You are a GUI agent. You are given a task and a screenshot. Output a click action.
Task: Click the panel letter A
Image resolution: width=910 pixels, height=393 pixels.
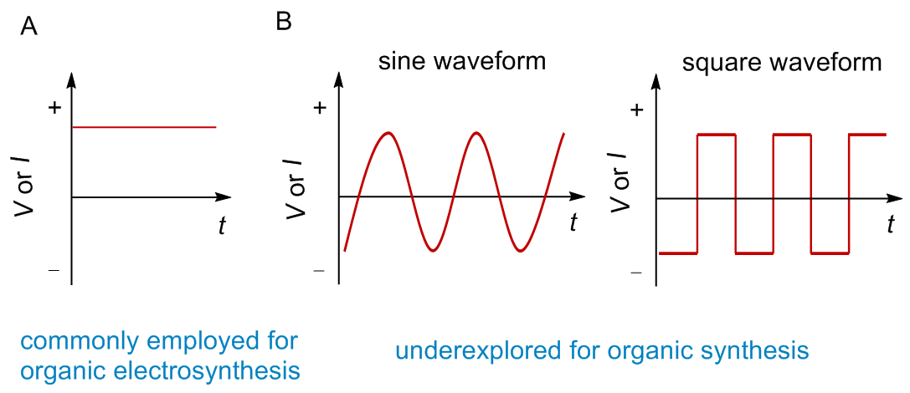(x=29, y=27)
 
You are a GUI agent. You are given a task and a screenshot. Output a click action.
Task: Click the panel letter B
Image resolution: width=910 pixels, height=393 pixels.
(x=285, y=23)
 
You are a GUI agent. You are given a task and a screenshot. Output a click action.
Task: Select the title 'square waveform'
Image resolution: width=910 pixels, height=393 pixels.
(x=782, y=63)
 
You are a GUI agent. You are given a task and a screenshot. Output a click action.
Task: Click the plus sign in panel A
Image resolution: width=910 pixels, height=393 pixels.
(x=55, y=107)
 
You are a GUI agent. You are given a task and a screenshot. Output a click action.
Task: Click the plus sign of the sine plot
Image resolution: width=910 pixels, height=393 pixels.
(x=320, y=109)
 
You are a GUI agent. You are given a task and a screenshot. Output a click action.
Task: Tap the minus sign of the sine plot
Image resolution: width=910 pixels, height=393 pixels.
(x=318, y=271)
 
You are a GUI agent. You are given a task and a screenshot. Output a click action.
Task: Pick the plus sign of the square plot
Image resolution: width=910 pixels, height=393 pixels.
(x=637, y=110)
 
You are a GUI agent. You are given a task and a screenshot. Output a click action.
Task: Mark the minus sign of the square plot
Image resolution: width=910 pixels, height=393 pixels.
(x=636, y=273)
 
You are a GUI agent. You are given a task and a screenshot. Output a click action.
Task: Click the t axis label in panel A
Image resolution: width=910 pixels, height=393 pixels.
(x=221, y=225)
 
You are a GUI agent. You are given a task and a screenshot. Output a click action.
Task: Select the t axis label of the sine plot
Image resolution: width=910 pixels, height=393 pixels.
(x=573, y=223)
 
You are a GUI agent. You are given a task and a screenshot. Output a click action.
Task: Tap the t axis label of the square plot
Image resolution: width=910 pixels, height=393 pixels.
(x=891, y=224)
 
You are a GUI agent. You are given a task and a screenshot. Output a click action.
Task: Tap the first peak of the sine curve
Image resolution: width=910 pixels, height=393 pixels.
(x=388, y=133)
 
